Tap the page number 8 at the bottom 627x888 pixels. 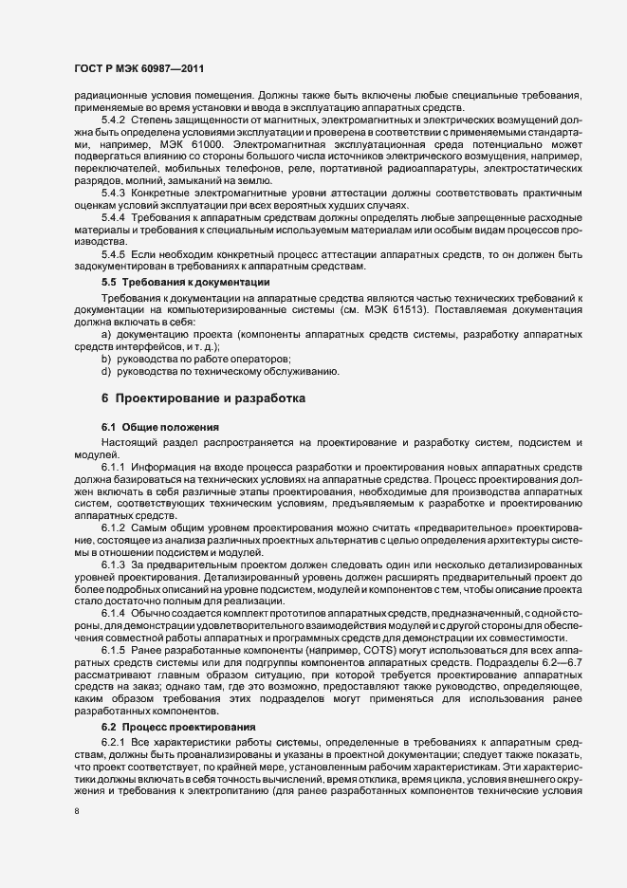click(x=76, y=812)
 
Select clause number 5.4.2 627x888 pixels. click(x=114, y=120)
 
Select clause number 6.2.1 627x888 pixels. click(x=114, y=712)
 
